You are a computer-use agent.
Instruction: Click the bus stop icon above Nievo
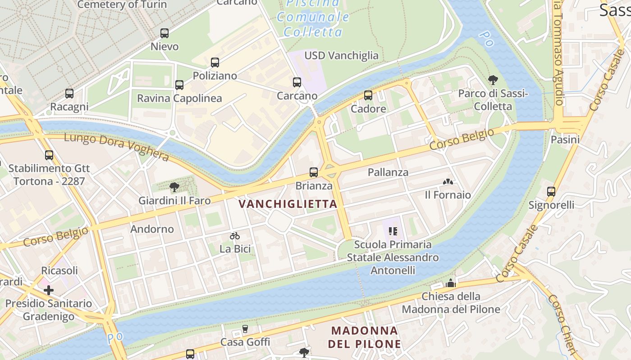click(x=165, y=33)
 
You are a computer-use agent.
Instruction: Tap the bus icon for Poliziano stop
click(x=215, y=63)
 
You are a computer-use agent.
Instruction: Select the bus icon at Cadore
click(x=368, y=95)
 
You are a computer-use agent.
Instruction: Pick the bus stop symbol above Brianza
click(x=314, y=172)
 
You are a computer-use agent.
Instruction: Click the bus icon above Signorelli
click(x=551, y=192)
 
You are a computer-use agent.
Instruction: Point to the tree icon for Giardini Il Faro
click(x=174, y=187)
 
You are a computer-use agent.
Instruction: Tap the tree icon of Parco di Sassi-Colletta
click(x=493, y=80)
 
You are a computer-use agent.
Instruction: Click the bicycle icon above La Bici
click(x=235, y=236)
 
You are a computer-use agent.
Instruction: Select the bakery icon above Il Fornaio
click(x=448, y=182)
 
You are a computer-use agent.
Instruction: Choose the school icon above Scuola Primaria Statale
click(x=393, y=231)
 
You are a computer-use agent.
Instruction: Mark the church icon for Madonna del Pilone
click(x=450, y=283)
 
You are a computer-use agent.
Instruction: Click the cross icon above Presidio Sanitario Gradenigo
click(x=49, y=290)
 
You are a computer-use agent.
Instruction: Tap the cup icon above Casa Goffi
click(x=245, y=329)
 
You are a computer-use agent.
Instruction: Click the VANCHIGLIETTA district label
click(x=288, y=204)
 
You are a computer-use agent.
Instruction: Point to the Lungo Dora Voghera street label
click(x=116, y=146)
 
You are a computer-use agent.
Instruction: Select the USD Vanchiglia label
click(x=341, y=55)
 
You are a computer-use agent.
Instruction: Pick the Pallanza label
click(x=388, y=172)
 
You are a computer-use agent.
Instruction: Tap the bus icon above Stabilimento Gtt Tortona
click(x=49, y=155)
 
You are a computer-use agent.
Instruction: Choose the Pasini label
click(x=565, y=139)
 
